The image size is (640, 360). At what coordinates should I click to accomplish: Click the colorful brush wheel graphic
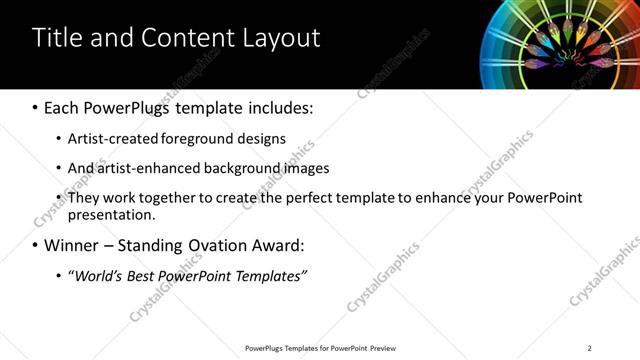tap(561, 44)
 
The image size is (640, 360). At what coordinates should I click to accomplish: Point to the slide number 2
tap(590, 348)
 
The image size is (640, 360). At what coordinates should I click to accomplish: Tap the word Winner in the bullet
tap(71, 245)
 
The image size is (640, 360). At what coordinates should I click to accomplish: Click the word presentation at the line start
tap(111, 214)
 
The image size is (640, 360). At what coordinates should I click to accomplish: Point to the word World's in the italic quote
tap(98, 275)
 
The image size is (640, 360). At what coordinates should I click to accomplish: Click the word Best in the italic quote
tap(145, 275)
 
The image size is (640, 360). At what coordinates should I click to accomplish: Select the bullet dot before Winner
tap(36, 245)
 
